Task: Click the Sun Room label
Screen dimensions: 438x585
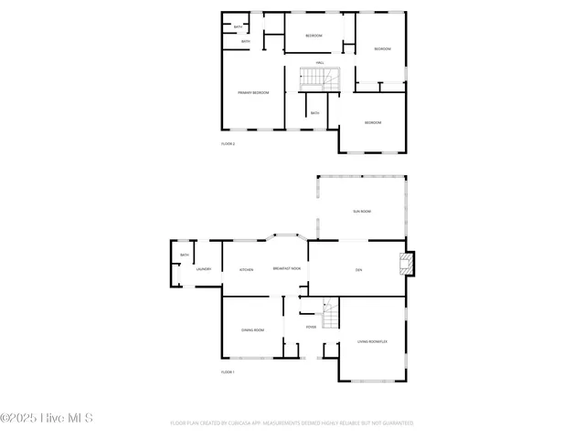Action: click(x=362, y=211)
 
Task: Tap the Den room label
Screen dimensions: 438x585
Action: click(x=358, y=269)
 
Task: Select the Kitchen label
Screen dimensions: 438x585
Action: click(x=246, y=269)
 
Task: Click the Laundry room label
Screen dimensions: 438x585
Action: click(x=204, y=269)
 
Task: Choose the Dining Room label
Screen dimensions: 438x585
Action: click(x=252, y=329)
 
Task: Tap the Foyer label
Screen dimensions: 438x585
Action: click(x=311, y=326)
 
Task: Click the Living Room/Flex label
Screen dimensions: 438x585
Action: click(x=373, y=342)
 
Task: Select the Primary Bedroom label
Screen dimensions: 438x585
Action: click(x=253, y=93)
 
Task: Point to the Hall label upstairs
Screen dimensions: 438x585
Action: click(x=320, y=63)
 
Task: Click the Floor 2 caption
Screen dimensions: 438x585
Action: click(x=228, y=143)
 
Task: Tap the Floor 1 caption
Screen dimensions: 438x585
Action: click(x=228, y=372)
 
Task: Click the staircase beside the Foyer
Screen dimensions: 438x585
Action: click(x=332, y=316)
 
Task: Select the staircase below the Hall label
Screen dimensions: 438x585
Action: click(x=320, y=78)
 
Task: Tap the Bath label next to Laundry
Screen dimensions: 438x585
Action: click(x=184, y=255)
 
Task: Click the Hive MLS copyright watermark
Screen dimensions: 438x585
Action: click(x=47, y=419)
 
